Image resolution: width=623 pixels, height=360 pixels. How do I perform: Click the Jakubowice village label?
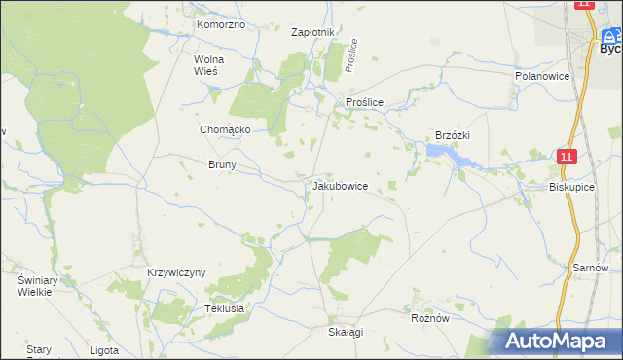pyautogui.click(x=340, y=185)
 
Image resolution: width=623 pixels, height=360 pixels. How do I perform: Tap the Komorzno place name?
pyautogui.click(x=220, y=24)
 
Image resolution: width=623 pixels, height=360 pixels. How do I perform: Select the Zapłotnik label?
pyautogui.click(x=313, y=32)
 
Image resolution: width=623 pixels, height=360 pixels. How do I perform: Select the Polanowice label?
pyautogui.click(x=541, y=75)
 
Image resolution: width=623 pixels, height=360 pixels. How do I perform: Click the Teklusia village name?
pyautogui.click(x=223, y=308)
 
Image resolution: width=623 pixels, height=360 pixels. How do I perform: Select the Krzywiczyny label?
pyautogui.click(x=176, y=273)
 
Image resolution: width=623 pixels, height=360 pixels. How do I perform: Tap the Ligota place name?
pyautogui.click(x=103, y=350)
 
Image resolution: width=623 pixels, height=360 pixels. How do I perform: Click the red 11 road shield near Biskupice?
pyautogui.click(x=568, y=156)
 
